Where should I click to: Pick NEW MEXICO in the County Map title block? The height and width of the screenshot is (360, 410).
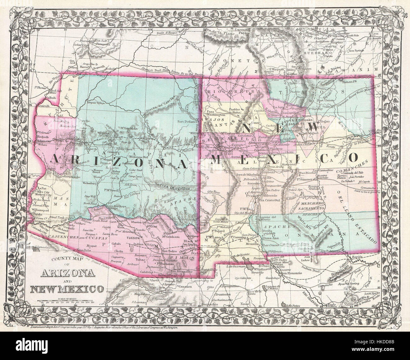click(66, 288)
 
